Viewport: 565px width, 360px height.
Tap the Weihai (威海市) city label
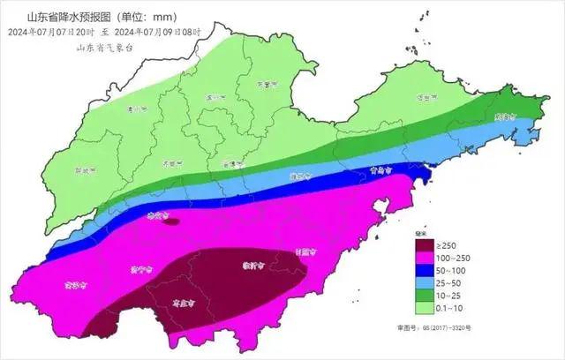504,116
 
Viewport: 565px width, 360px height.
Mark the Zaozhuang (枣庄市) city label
183,302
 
